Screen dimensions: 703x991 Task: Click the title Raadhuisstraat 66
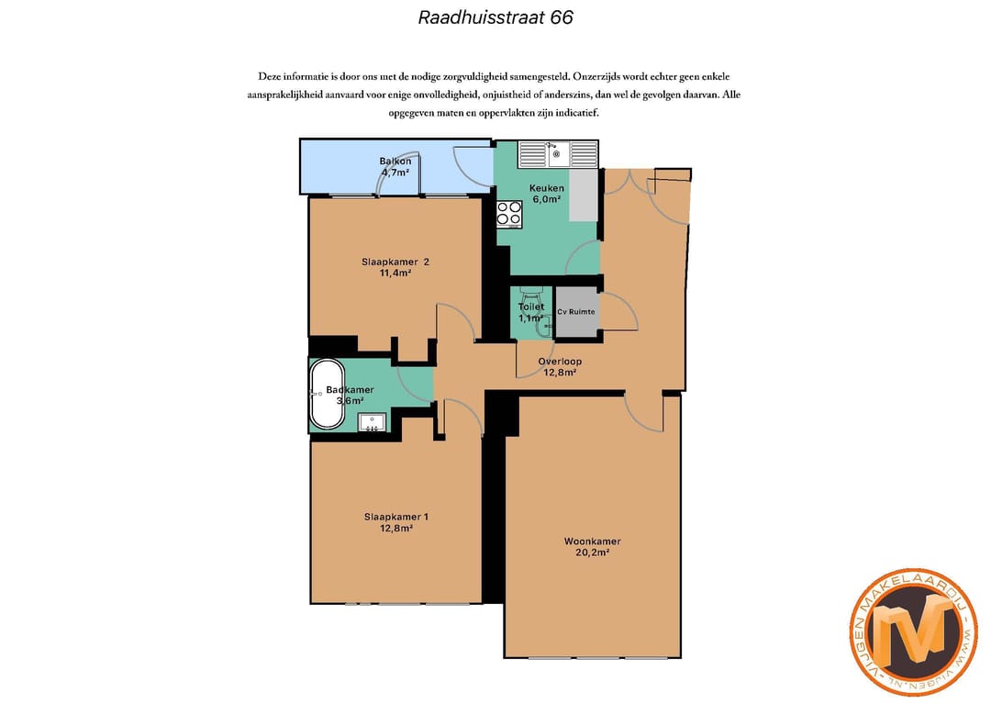495,17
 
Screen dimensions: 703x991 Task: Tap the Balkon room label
395,162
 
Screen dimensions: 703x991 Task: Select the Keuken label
547,188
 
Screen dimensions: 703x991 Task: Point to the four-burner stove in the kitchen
509,214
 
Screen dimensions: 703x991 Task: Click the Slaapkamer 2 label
395,262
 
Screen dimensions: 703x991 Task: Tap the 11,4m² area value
395,273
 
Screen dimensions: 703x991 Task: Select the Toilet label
531,307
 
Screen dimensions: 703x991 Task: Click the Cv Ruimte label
576,312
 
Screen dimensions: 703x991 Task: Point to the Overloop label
560,362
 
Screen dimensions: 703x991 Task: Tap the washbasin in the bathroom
373,423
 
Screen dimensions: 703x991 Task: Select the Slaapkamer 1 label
395,517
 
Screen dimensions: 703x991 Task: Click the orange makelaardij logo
913,631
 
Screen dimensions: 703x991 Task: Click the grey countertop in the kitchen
583,195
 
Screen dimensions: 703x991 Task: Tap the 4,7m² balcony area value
395,172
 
